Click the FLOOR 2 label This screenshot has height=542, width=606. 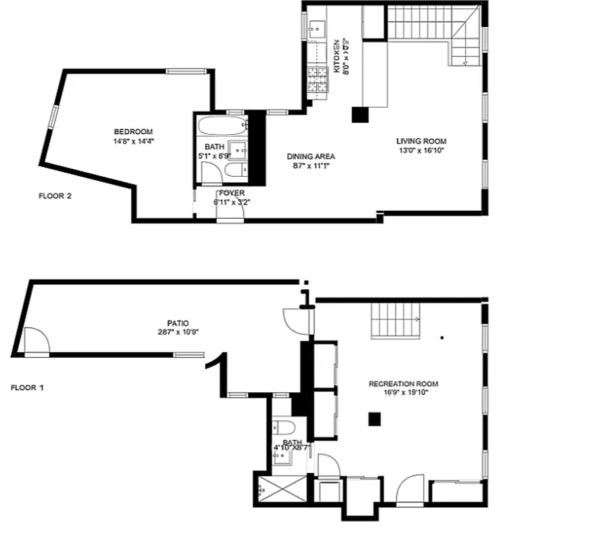tap(55, 196)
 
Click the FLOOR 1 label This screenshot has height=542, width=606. tap(28, 388)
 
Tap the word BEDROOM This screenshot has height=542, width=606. tap(133, 131)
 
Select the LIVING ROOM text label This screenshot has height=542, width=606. tap(421, 141)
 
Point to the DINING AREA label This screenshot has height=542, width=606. tap(311, 157)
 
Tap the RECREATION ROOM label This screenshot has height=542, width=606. tap(403, 384)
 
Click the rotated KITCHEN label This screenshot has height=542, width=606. tap(337, 56)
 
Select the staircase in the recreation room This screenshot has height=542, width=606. tap(395, 320)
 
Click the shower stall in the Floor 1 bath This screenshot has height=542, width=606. tap(279, 488)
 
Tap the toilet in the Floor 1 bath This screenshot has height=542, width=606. tap(284, 428)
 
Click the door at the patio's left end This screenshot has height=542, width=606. tap(35, 341)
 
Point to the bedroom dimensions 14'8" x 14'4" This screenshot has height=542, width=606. tap(133, 142)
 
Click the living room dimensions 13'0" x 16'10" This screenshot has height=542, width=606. tap(421, 150)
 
